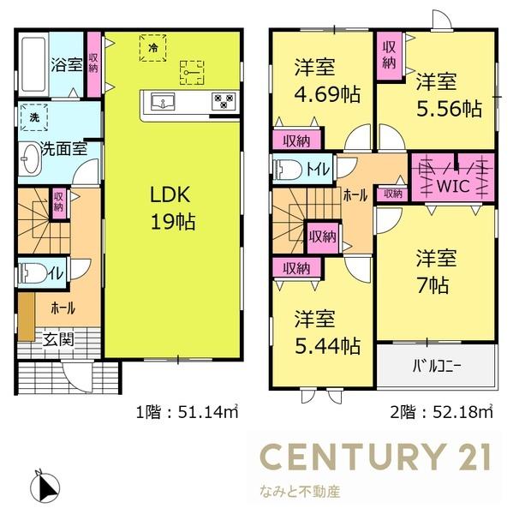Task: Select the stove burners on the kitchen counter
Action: click(224, 102)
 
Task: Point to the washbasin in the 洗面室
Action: click(31, 159)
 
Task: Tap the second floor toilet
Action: click(288, 169)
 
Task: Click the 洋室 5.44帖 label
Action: click(323, 335)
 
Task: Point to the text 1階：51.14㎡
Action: click(184, 413)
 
